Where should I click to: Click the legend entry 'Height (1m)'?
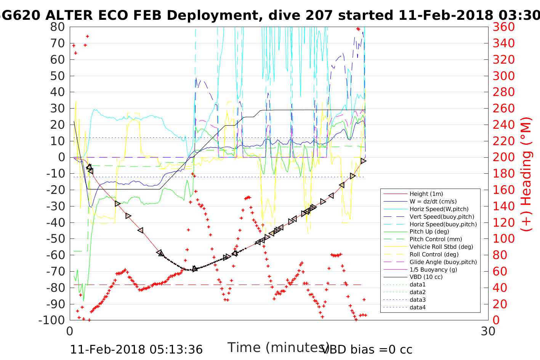pyautogui.click(x=426, y=194)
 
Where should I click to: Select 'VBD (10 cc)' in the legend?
pyautogui.click(x=426, y=277)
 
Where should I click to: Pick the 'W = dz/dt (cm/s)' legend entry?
pyautogui.click(x=433, y=202)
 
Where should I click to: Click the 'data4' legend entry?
pyautogui.click(x=417, y=307)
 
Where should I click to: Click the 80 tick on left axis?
pyautogui.click(x=58, y=27)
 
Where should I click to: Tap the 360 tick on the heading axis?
pyautogui.click(x=503, y=27)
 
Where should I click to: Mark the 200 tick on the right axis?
pyautogui.click(x=503, y=157)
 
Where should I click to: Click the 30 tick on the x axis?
pyautogui.click(x=488, y=331)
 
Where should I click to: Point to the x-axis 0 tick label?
pyautogui.click(x=70, y=331)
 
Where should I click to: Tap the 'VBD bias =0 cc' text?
pyautogui.click(x=367, y=349)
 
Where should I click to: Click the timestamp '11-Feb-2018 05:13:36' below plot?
pyautogui.click(x=136, y=349)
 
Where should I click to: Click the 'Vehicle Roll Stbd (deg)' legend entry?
pyautogui.click(x=441, y=247)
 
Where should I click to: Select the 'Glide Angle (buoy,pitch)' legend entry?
pyautogui.click(x=443, y=262)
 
